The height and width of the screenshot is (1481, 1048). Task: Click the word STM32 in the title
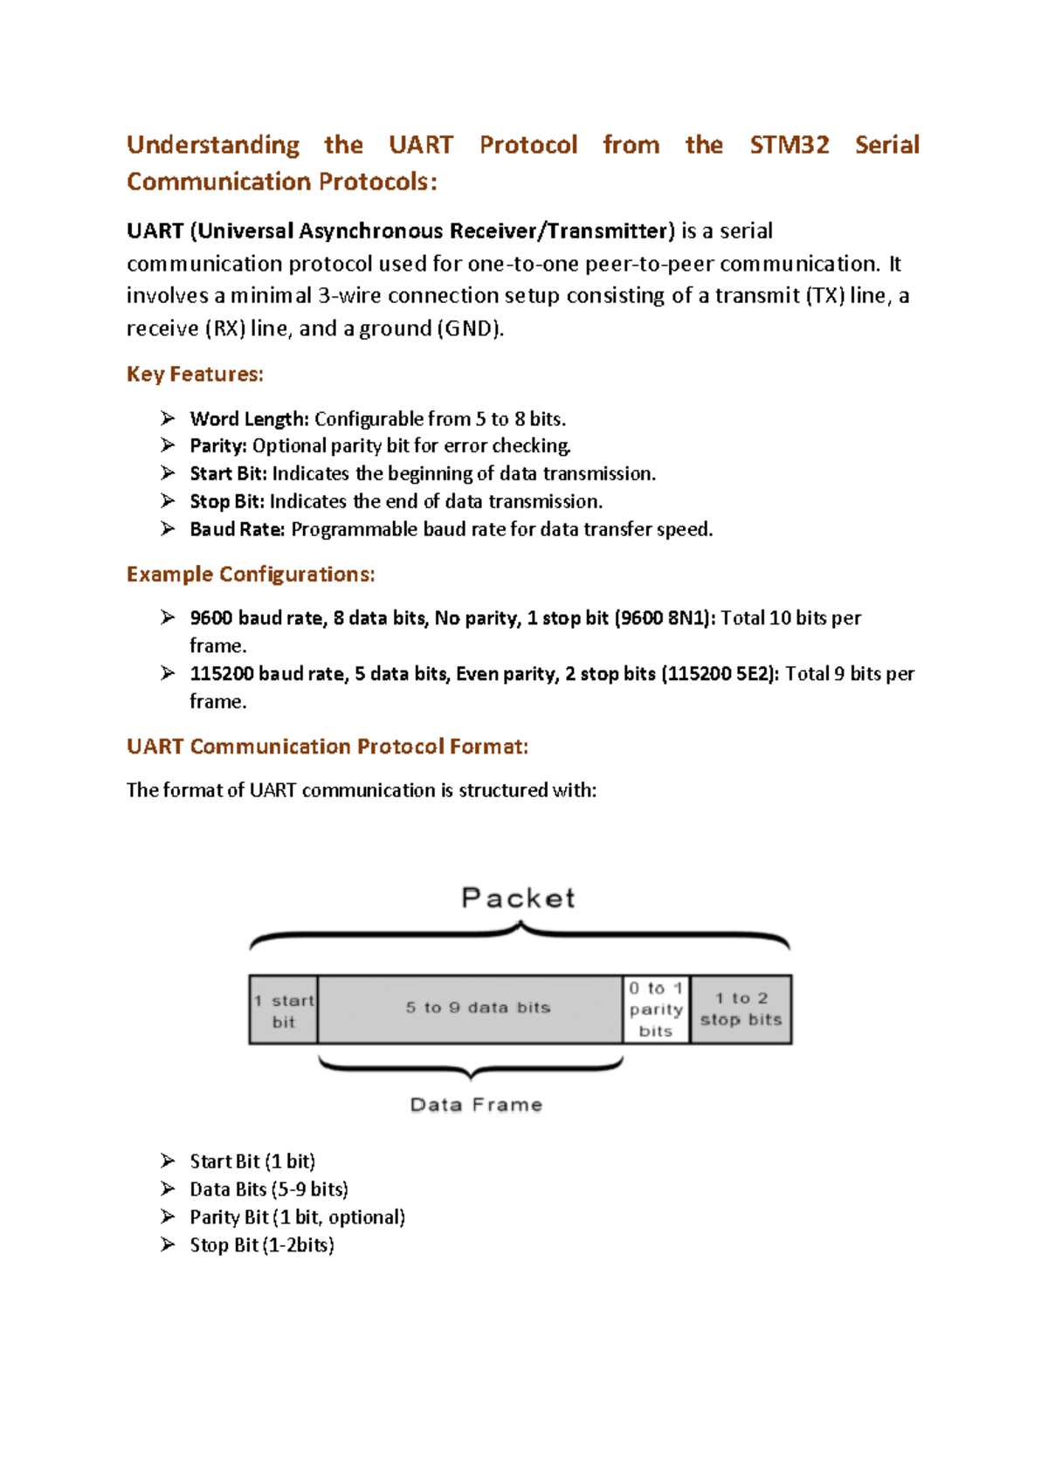pyautogui.click(x=789, y=145)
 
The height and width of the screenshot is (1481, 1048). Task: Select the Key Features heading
pyautogui.click(x=195, y=375)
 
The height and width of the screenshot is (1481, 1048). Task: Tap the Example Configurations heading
pyautogui.click(x=251, y=575)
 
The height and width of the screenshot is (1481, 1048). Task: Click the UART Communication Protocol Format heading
pyautogui.click(x=327, y=747)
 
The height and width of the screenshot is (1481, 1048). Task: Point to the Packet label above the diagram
pyautogui.click(x=518, y=898)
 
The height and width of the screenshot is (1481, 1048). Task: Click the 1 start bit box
pyautogui.click(x=284, y=1010)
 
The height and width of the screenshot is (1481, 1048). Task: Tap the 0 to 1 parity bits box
pyautogui.click(x=656, y=1009)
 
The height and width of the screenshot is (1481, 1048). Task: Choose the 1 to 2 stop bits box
pyautogui.click(x=741, y=1009)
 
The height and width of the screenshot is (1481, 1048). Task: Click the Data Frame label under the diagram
pyautogui.click(x=476, y=1105)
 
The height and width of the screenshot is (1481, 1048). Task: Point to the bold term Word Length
pyautogui.click(x=249, y=419)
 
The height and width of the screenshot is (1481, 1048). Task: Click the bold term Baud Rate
pyautogui.click(x=237, y=530)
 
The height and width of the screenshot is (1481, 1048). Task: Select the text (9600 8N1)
pyautogui.click(x=665, y=618)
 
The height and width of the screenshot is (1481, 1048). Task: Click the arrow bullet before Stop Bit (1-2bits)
pyautogui.click(x=169, y=1244)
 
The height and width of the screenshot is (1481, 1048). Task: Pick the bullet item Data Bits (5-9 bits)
pyautogui.click(x=269, y=1189)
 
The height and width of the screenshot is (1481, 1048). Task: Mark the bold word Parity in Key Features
pyautogui.click(x=217, y=446)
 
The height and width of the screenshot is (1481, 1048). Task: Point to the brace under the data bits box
pyautogui.click(x=471, y=1066)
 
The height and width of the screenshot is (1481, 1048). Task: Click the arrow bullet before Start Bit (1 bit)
pyautogui.click(x=169, y=1161)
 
